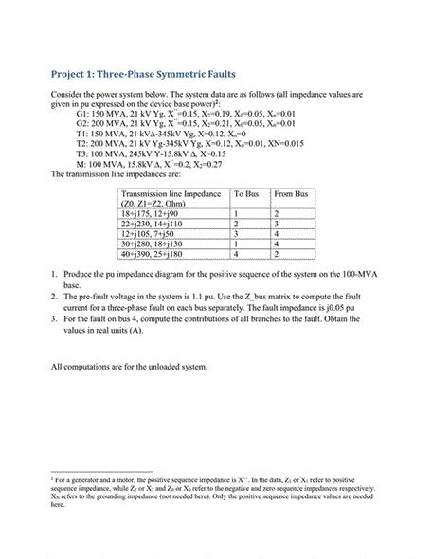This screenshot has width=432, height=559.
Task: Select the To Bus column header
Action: [x=245, y=193]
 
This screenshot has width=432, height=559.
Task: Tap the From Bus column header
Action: [x=290, y=193]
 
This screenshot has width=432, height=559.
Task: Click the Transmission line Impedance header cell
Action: [x=170, y=198]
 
